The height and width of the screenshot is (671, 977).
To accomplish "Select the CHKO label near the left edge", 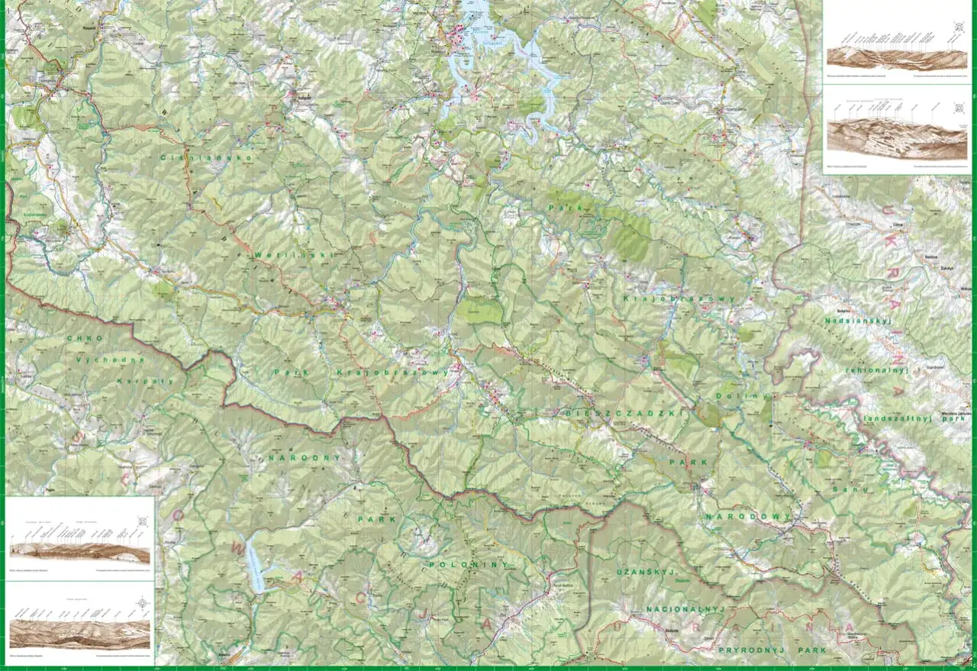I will [84, 337].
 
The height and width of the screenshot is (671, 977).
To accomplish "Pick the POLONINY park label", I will [457, 563].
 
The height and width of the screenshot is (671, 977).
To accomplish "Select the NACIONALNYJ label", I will [683, 609].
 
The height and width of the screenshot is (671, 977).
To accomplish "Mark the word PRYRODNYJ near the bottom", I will [748, 650].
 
